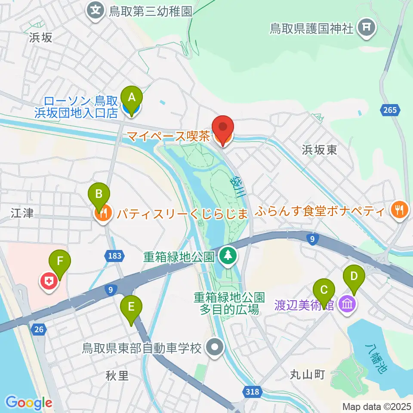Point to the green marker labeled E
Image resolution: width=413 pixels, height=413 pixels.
click(x=131, y=308)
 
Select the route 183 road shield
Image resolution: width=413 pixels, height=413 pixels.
click(x=115, y=256)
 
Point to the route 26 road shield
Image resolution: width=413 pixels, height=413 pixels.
click(x=38, y=330)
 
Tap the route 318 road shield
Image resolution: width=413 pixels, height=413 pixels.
click(x=253, y=391)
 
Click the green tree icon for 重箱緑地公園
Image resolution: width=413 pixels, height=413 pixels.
click(x=227, y=257)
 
